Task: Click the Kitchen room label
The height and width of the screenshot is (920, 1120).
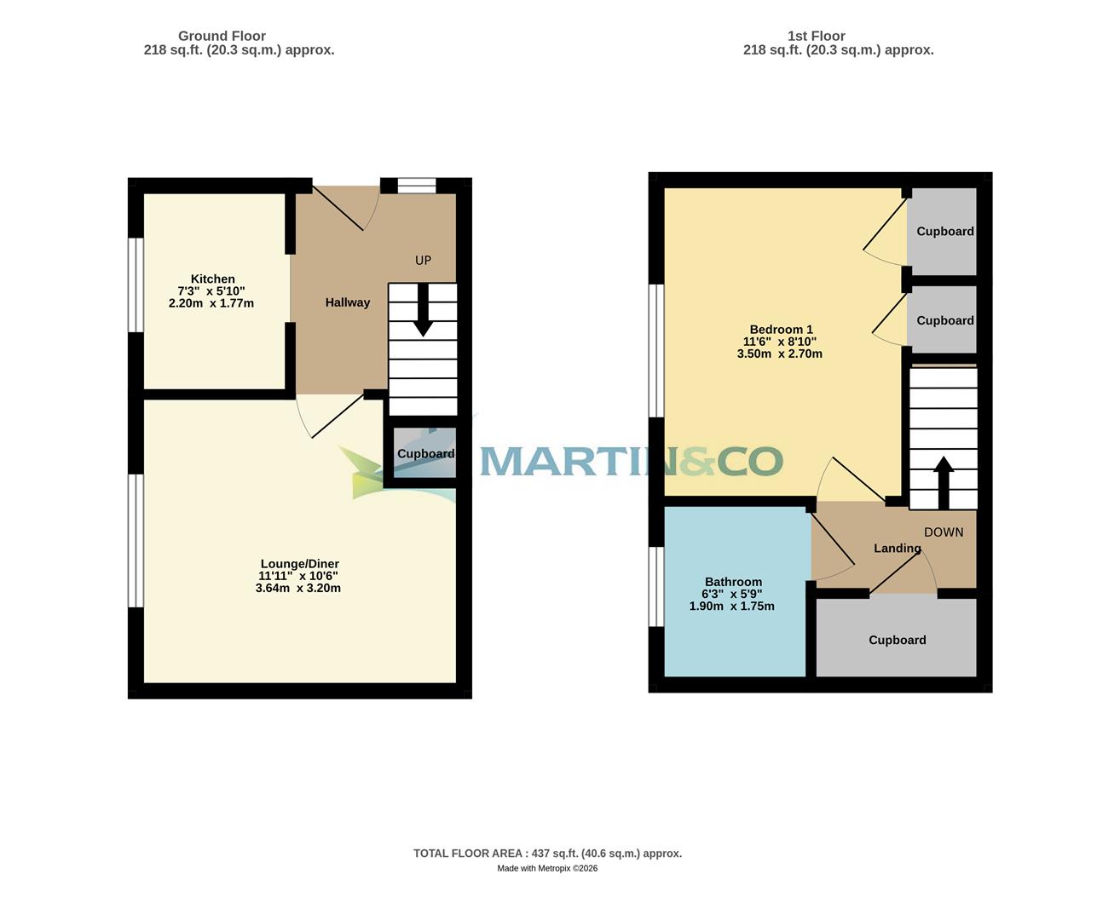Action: click(212, 279)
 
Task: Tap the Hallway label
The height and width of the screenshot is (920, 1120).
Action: click(347, 302)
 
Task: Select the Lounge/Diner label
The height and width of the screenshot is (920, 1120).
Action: click(299, 564)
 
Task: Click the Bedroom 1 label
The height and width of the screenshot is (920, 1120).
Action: click(781, 330)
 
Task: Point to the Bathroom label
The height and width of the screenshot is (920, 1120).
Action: click(733, 583)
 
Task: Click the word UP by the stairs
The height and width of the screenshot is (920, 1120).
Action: click(423, 261)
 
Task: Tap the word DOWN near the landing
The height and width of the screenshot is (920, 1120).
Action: click(944, 532)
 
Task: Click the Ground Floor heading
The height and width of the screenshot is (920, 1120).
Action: click(222, 36)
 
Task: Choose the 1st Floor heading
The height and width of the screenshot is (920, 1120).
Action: click(816, 36)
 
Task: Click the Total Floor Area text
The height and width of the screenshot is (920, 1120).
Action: click(547, 854)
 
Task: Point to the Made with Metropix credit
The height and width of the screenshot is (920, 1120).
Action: click(547, 869)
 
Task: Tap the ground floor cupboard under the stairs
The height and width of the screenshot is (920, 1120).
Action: click(424, 454)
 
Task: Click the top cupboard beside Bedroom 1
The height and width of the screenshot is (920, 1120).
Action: click(944, 231)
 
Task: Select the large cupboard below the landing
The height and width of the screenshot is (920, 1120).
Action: click(897, 640)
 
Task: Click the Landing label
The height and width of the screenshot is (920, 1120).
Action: click(897, 549)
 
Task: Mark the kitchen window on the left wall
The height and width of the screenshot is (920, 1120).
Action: click(136, 285)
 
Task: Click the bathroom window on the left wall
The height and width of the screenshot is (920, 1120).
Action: click(656, 586)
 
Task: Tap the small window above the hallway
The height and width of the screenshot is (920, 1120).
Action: click(417, 186)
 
